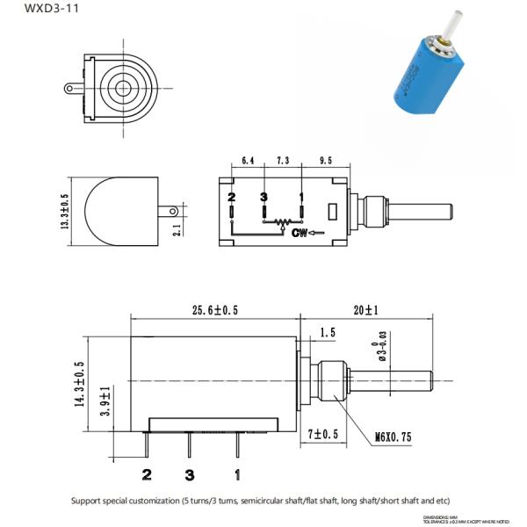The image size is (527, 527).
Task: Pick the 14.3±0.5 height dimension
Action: (x=78, y=385)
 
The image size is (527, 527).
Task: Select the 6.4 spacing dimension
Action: (x=247, y=162)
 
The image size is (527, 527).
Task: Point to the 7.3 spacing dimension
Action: (x=282, y=162)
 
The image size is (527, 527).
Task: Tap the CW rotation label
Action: (x=299, y=233)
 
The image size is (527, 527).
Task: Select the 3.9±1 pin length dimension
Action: (x=106, y=401)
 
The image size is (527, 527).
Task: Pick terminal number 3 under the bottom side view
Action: (x=189, y=475)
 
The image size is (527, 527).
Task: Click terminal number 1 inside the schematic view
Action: (x=301, y=196)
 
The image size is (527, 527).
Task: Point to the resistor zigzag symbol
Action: (x=282, y=224)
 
